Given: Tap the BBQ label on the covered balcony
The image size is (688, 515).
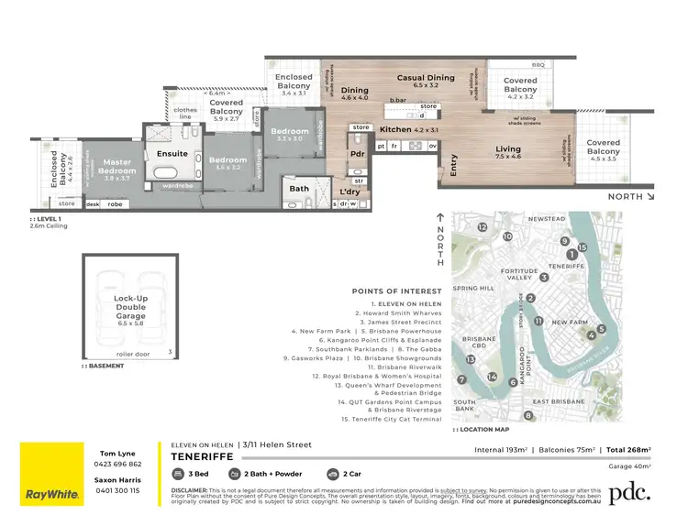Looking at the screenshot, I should [538, 65].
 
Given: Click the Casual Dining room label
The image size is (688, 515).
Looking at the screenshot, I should [426, 78].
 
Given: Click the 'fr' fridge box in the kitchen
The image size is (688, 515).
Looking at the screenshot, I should [394, 146].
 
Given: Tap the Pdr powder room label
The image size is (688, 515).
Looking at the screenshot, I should [357, 154].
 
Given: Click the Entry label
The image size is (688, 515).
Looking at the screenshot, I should [453, 169].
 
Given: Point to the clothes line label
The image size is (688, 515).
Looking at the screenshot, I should [185, 114].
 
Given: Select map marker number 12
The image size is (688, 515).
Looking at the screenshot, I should [483, 226].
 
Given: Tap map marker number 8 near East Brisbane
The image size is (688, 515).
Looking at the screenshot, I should [528, 416].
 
